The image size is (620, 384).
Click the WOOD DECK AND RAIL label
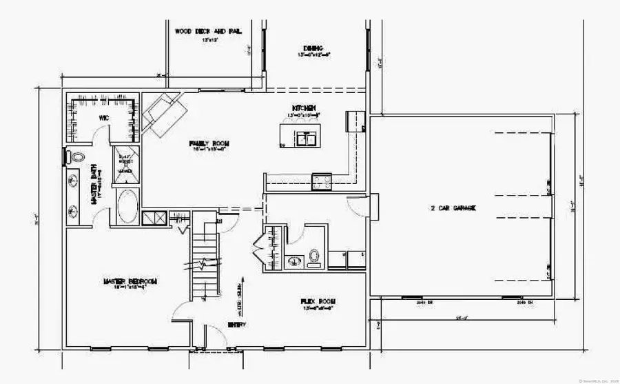204,31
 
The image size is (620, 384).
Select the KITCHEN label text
304,108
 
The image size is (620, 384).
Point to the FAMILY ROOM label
209,143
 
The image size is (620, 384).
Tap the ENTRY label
236,324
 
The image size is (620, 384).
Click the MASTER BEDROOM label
131,281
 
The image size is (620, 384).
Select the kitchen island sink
309,137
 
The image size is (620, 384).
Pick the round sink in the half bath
293,261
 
